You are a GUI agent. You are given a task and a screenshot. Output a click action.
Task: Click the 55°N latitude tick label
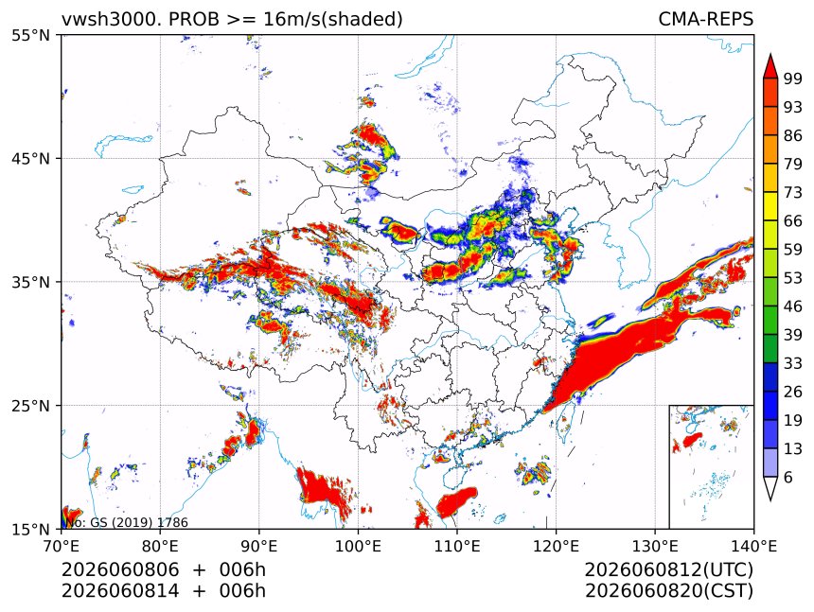tap(31, 35)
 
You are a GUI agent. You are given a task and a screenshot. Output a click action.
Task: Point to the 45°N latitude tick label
tap(31, 158)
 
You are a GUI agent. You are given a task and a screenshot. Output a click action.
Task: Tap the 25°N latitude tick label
tap(31, 405)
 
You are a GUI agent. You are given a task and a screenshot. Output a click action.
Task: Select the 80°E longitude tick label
tap(160, 546)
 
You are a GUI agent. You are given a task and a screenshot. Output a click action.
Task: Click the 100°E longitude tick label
tap(358, 546)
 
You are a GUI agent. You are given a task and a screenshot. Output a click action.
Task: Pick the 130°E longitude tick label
tap(655, 546)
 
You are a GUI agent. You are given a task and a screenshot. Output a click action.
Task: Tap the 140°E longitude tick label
tap(753, 546)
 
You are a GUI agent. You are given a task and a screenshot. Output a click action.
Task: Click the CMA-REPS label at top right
tap(705, 19)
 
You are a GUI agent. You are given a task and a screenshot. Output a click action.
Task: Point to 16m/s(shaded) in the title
tap(333, 20)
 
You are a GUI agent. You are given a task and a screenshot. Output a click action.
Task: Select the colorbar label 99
tap(793, 79)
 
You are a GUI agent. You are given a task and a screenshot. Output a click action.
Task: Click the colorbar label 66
tap(793, 221)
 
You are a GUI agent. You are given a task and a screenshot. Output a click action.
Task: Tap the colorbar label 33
tap(793, 363)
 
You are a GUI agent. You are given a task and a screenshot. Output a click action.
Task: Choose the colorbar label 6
tap(788, 477)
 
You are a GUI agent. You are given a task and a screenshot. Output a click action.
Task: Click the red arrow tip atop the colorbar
tap(770, 54)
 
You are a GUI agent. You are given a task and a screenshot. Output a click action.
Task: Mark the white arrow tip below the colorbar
tap(770, 500)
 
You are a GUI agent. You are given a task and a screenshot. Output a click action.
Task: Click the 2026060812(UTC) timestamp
tap(668, 569)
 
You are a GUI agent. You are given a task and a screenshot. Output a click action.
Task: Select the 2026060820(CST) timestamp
tap(668, 591)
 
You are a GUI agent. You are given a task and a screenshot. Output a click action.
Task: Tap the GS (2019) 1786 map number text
tap(139, 522)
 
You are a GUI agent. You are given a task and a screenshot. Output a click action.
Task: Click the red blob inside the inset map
tap(691, 441)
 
